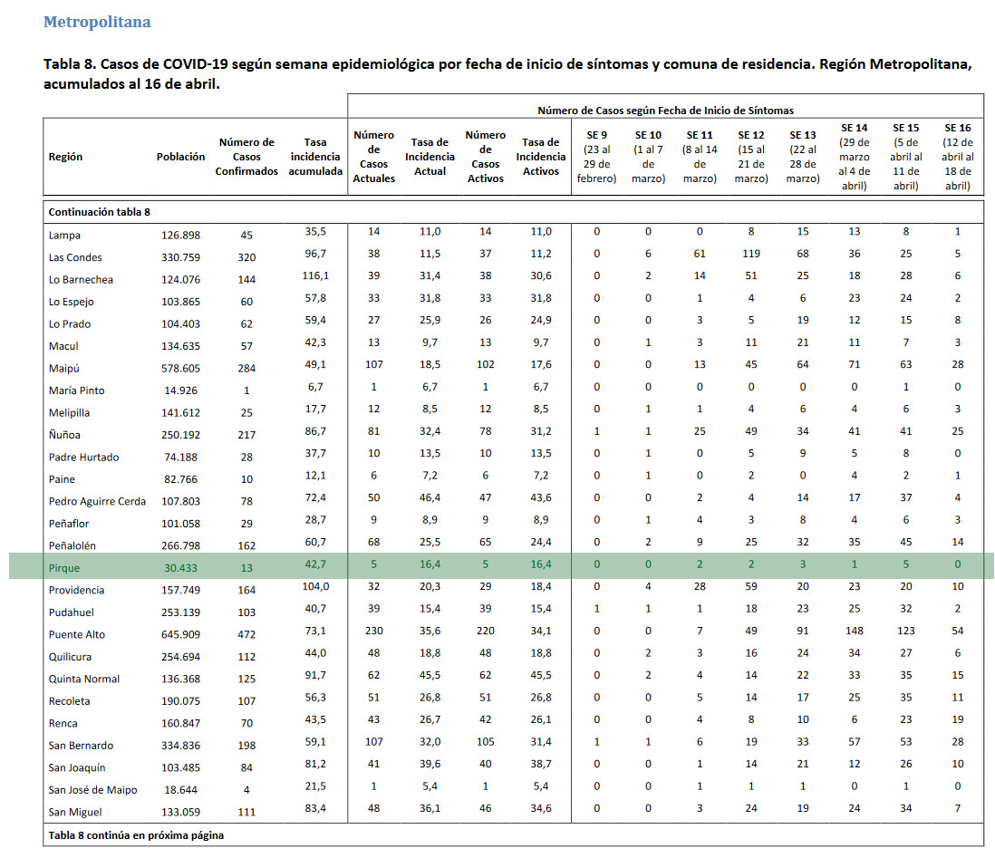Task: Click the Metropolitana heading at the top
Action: tap(97, 22)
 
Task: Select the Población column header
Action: tap(181, 157)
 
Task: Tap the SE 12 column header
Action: tap(751, 157)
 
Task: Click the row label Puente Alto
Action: tap(77, 634)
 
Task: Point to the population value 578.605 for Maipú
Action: tap(181, 368)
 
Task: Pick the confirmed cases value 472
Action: tap(246, 634)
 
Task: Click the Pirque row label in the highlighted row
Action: tap(64, 568)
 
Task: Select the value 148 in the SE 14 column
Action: tap(855, 631)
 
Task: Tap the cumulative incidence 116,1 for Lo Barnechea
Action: tap(315, 275)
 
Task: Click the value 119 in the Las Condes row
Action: tap(751, 253)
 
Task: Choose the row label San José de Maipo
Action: tap(92, 789)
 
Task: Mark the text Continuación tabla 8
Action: tap(100, 212)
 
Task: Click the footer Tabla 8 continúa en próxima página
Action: tap(137, 835)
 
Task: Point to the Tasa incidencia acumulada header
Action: tap(315, 157)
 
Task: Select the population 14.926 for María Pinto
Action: tap(181, 390)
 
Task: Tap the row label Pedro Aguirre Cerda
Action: tap(97, 501)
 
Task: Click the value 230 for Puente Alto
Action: tap(373, 631)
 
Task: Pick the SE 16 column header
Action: tap(958, 157)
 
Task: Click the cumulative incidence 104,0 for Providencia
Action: tap(315, 586)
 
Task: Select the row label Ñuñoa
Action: tap(64, 434)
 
